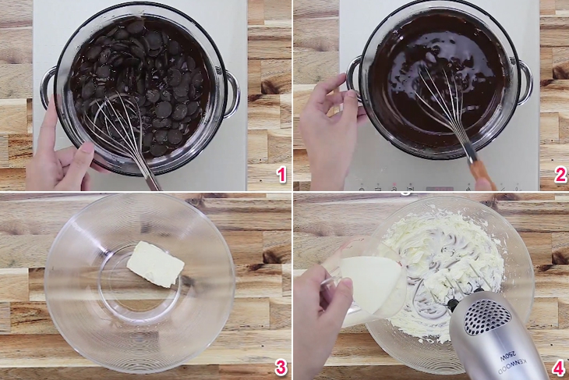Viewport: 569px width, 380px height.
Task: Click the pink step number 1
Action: (281, 175)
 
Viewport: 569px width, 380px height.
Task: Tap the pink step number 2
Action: (560, 175)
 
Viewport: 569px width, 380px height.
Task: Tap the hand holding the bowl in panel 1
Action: (58, 156)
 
